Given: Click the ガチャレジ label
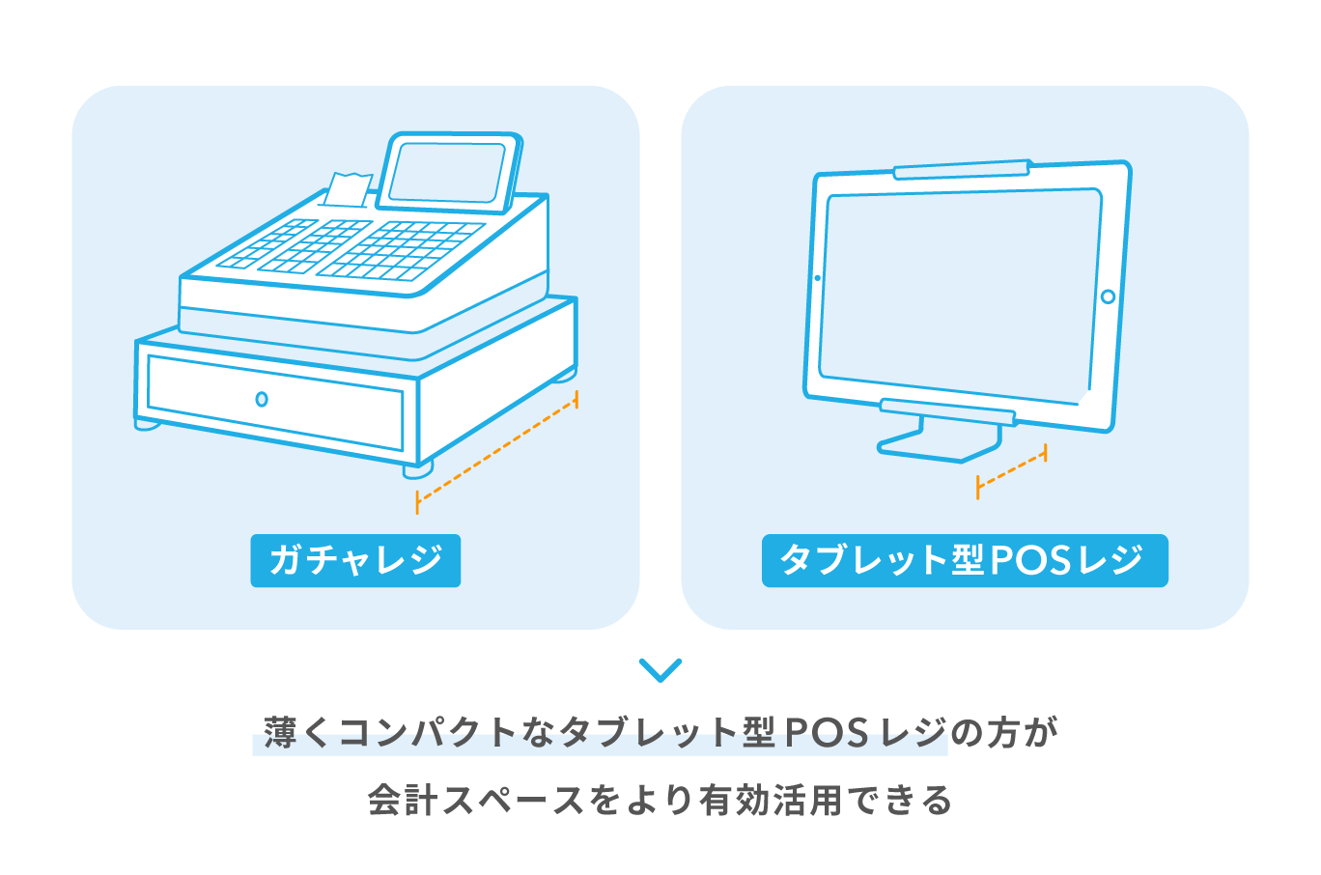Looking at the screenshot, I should click(x=355, y=560).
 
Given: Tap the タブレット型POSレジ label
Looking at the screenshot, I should click(x=964, y=560).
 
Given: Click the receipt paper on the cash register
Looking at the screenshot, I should click(x=346, y=189).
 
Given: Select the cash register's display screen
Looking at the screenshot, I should click(x=448, y=172).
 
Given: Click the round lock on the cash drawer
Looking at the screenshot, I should click(x=262, y=399).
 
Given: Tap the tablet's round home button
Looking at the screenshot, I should click(x=1108, y=296).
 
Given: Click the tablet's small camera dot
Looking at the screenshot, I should click(x=818, y=278).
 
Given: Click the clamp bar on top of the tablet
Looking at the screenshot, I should click(x=960, y=170).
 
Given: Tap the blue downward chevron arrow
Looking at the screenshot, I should click(x=660, y=670).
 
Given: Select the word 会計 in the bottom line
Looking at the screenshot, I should click(x=403, y=801).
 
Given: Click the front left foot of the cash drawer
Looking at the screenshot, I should click(x=148, y=424).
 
